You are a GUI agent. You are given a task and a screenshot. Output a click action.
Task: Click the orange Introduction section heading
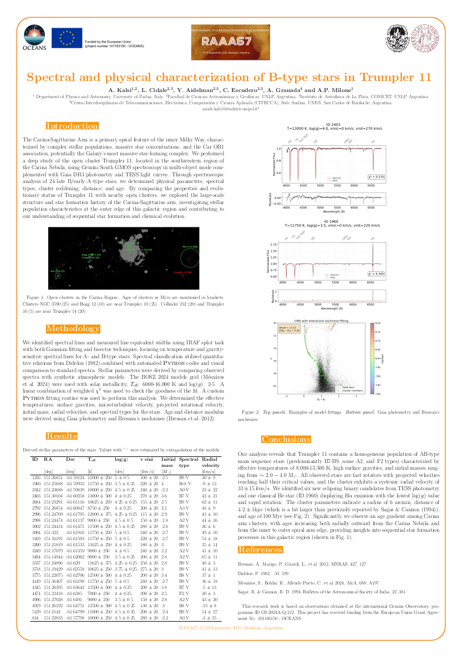point(72,126)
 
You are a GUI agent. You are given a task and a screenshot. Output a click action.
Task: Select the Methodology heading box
point(73,328)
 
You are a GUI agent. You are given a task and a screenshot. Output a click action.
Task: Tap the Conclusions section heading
point(286,439)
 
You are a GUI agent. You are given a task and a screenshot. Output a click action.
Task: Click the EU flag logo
point(67,38)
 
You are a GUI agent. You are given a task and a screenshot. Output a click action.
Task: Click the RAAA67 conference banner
point(231,42)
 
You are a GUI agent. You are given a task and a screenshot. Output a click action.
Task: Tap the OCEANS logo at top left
point(34,38)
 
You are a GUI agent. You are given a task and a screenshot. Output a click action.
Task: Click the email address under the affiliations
point(231,109)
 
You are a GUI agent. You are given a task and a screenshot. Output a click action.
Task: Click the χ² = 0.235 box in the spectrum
point(376,176)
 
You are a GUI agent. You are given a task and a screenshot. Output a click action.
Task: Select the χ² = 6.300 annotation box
point(377,274)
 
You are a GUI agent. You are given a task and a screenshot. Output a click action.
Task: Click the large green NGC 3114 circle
point(190,257)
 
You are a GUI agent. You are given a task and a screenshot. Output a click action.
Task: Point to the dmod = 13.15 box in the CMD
point(289,330)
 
